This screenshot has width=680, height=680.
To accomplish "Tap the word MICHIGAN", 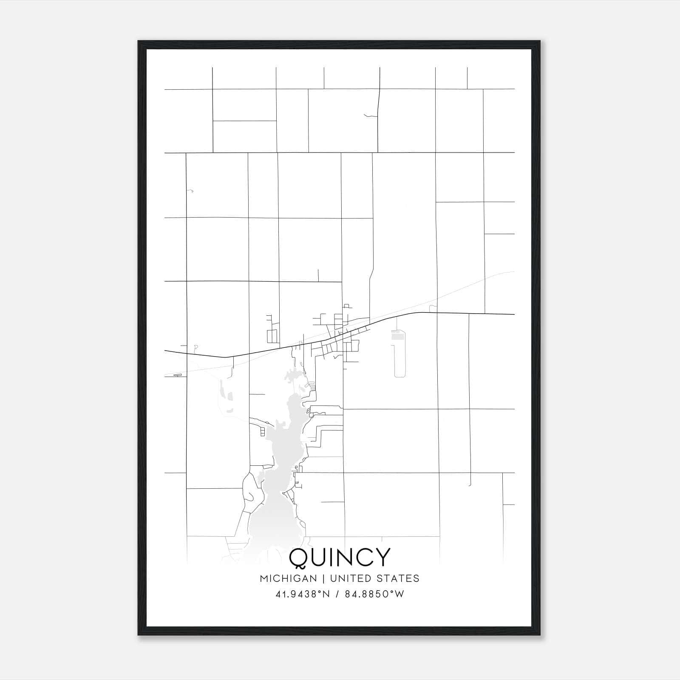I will point(289,578).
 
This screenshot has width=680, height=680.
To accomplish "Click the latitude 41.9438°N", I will point(303,594).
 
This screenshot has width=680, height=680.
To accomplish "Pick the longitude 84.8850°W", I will point(374,594).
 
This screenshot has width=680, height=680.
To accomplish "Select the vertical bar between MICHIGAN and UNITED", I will point(323,578).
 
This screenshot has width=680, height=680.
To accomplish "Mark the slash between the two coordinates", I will point(337,594).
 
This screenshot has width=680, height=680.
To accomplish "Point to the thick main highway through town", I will point(467,314).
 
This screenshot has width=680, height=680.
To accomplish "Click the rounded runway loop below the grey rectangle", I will point(399,361).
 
